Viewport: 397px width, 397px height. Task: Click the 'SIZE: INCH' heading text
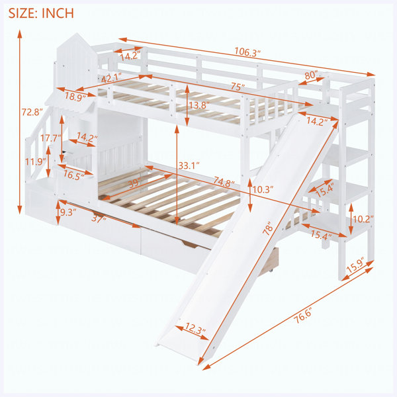click(41, 13)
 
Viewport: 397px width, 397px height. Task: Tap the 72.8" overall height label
click(31, 112)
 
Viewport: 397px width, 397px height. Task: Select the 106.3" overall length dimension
click(247, 52)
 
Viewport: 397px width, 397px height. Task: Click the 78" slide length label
click(268, 228)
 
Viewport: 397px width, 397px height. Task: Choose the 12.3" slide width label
click(195, 329)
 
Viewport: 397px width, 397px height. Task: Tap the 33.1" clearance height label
click(189, 165)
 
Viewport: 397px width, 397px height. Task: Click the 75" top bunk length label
click(238, 87)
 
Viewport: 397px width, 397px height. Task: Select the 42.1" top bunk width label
click(111, 77)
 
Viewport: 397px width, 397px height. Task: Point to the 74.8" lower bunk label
click(224, 181)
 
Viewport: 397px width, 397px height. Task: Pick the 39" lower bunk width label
click(134, 183)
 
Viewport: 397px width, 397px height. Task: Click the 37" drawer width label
click(99, 218)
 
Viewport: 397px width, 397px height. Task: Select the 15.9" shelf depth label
click(355, 265)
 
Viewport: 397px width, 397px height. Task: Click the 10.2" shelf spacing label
click(363, 219)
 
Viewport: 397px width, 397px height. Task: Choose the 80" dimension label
click(311, 75)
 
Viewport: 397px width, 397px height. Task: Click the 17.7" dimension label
click(51, 138)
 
